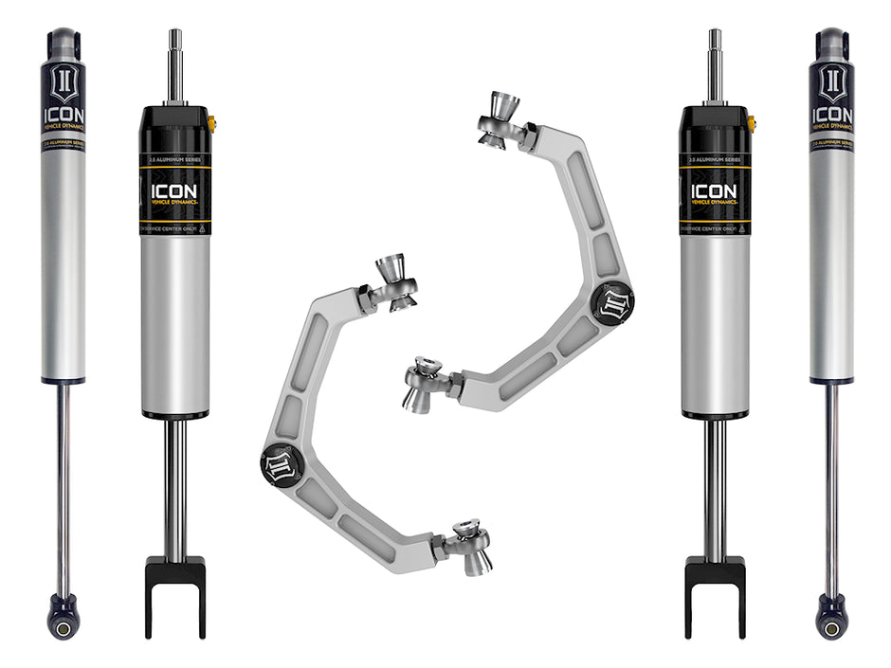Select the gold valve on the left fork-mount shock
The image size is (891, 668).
(x=212, y=121)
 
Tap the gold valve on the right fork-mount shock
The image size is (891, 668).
(x=752, y=121)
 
